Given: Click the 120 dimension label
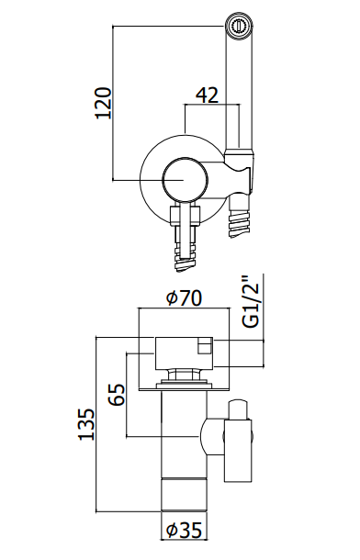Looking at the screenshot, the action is tap(104, 102).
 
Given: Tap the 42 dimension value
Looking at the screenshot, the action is tap(208, 95).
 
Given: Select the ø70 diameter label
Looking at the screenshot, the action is tap(185, 297).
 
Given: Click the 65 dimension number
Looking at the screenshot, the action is tap(118, 394).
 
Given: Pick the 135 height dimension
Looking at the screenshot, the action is tap(86, 424).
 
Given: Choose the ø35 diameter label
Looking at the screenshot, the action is tap(185, 530).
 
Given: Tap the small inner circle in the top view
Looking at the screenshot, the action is tap(185, 179).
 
